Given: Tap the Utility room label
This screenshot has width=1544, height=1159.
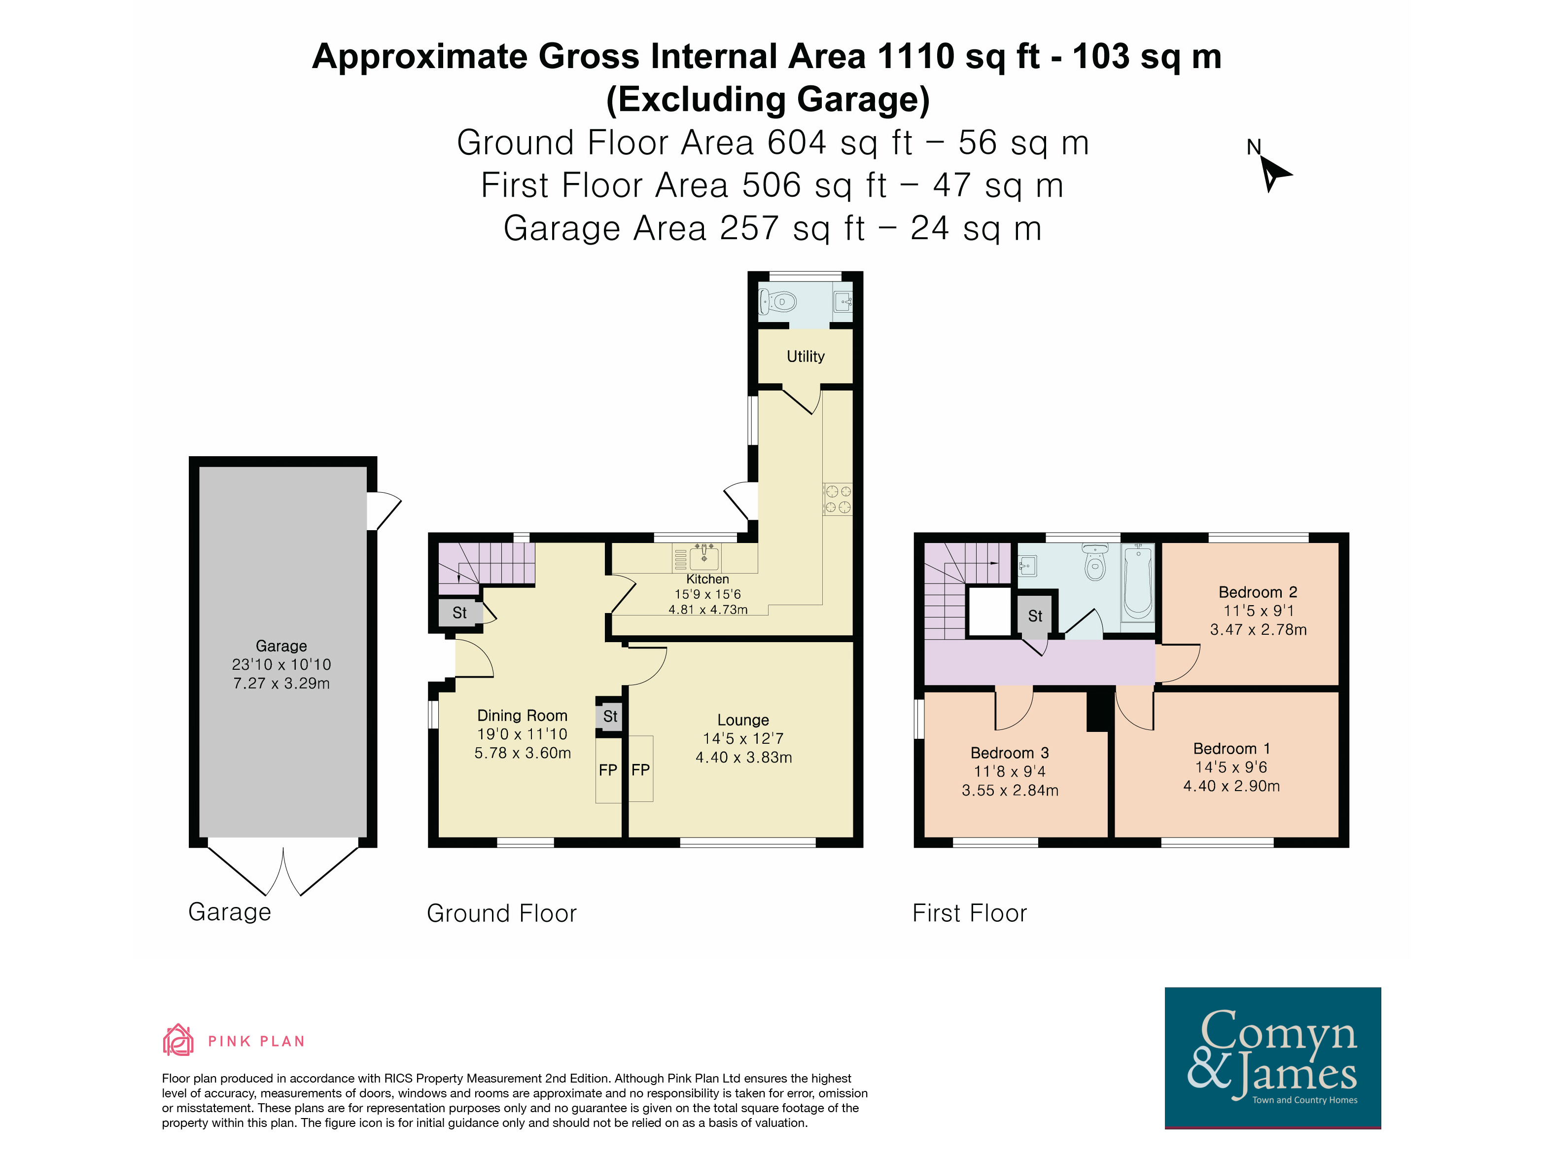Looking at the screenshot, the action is click(806, 357).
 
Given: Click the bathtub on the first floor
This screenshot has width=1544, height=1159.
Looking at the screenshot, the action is click(1138, 581).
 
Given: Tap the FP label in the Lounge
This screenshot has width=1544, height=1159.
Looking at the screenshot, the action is click(640, 770).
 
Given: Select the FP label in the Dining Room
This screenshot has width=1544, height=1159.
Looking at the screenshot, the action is click(608, 770).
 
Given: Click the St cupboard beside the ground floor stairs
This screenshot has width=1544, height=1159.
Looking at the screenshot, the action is click(459, 613).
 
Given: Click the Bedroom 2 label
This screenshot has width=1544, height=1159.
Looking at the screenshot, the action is click(1258, 592).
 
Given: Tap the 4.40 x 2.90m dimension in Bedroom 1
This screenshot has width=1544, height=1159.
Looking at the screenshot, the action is click(1231, 786).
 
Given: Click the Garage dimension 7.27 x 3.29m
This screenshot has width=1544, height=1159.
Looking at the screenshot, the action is click(281, 684).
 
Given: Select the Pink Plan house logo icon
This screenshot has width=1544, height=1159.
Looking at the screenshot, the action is click(178, 1040).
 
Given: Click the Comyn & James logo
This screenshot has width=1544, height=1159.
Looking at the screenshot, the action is click(1272, 1057).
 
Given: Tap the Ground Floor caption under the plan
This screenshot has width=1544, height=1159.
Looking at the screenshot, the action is click(502, 913).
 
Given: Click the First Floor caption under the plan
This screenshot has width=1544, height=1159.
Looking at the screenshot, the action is click(970, 913).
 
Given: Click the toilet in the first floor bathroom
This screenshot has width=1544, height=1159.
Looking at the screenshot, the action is click(1095, 563).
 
